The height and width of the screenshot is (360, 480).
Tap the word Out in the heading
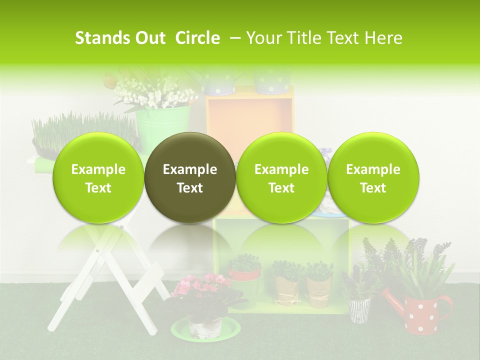pyautogui.click(x=148, y=38)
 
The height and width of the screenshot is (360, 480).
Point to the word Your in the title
pyautogui.click(x=262, y=38)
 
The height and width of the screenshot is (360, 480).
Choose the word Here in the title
pyautogui.click(x=383, y=38)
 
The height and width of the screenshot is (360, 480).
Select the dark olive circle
pyautogui.click(x=190, y=177)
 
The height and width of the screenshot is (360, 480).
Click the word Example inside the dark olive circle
pyautogui.click(x=190, y=169)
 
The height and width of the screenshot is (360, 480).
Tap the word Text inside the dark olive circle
pyautogui.click(x=190, y=188)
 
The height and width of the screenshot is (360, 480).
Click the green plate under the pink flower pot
pyautogui.click(x=205, y=329)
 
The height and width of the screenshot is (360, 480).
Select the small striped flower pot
pyautogui.click(x=359, y=310)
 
